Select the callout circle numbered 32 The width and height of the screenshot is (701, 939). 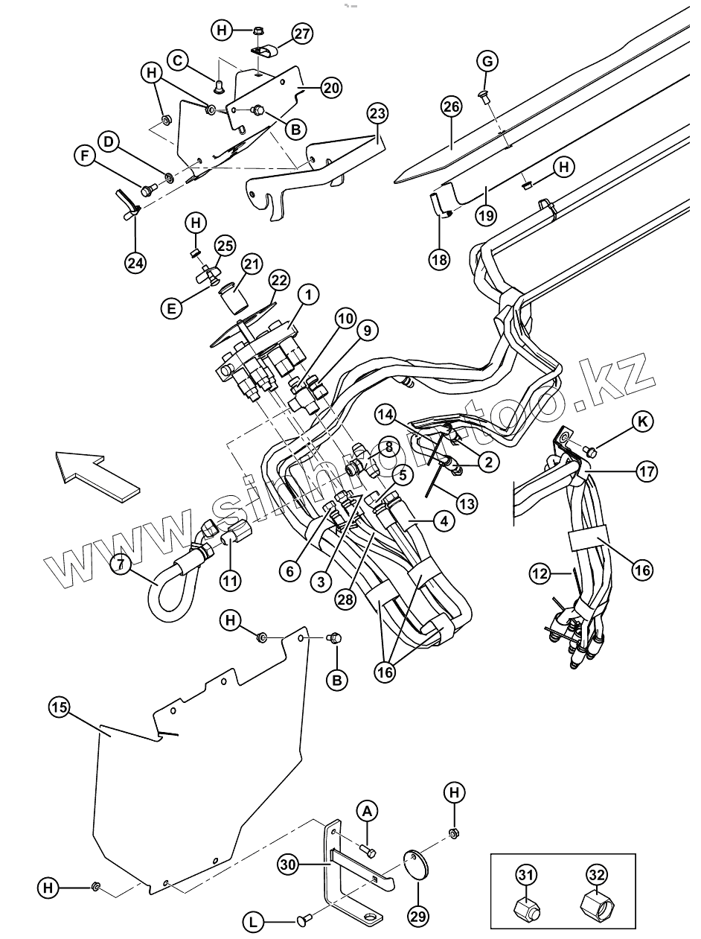pyautogui.click(x=595, y=876)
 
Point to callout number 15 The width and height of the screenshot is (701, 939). pyautogui.click(x=60, y=707)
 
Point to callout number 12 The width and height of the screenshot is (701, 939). pyautogui.click(x=540, y=573)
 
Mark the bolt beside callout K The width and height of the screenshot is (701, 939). pyautogui.click(x=592, y=451)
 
